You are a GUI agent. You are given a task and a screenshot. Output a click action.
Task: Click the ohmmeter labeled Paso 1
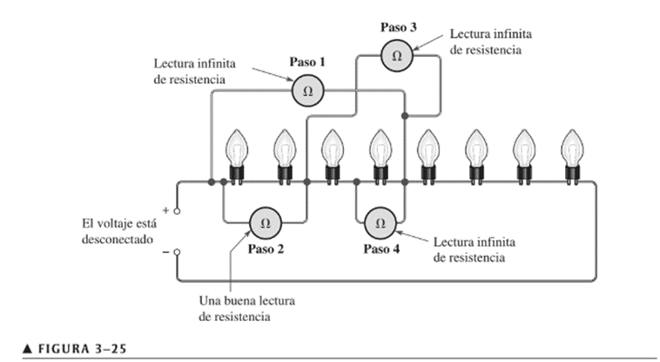(307, 91)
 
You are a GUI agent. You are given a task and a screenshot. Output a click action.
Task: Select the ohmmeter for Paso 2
(266, 223)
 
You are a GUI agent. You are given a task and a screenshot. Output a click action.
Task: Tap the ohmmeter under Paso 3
(397, 56)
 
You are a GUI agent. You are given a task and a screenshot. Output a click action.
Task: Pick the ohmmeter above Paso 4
(381, 223)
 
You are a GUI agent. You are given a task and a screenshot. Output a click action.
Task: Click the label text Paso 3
(399, 27)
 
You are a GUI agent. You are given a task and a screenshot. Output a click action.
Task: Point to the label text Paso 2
(266, 249)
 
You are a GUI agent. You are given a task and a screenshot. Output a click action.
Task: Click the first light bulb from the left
(237, 156)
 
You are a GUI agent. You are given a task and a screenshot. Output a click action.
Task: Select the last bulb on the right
(572, 156)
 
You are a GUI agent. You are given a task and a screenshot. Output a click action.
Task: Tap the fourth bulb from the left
(381, 156)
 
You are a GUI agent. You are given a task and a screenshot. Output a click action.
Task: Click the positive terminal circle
(178, 211)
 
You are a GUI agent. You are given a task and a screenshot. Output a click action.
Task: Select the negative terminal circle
(178, 252)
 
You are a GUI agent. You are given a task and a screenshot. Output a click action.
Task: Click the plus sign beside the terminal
(165, 210)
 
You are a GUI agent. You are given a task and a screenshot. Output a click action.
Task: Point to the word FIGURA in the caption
(64, 349)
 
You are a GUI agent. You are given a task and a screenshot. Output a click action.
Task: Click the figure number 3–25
(111, 349)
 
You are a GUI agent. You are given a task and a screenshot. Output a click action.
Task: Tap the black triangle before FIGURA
(27, 349)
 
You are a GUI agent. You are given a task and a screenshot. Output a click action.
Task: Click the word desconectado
(117, 239)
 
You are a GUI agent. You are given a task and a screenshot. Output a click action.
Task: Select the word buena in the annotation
(240, 301)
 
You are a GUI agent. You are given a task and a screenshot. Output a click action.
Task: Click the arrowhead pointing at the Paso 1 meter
(290, 79)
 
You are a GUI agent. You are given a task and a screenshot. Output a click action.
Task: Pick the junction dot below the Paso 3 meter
(405, 116)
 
